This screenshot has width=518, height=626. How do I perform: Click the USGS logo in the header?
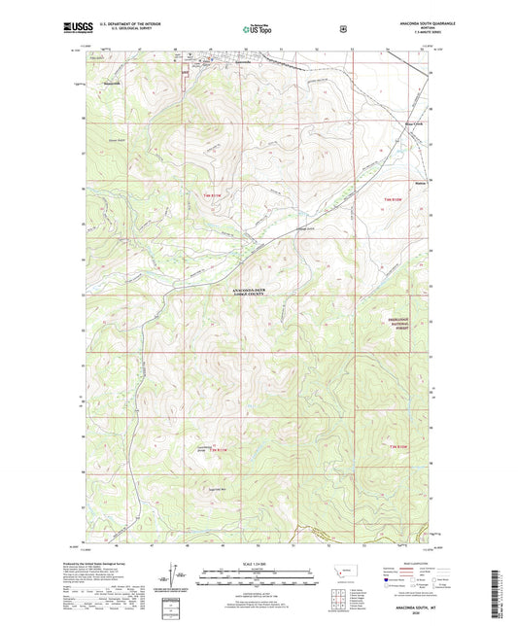click(107, 27)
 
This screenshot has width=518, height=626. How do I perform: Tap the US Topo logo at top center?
click(259, 29)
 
